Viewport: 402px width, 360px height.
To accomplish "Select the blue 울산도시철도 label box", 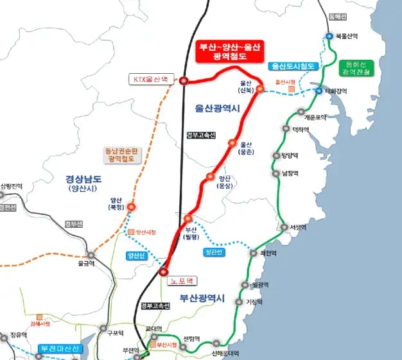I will click(x=293, y=66).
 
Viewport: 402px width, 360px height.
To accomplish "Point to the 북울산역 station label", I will click(x=346, y=37).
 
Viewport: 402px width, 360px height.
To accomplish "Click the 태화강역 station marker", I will click(x=319, y=91).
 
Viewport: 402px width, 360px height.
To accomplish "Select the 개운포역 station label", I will click(x=315, y=117).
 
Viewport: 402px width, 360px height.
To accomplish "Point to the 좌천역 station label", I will click(x=268, y=253).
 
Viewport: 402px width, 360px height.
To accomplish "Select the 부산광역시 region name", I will click(x=201, y=298).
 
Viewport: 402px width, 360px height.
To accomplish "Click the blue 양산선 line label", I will click(x=137, y=255).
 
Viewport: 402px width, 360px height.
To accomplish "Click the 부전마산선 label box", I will click(x=59, y=349).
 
